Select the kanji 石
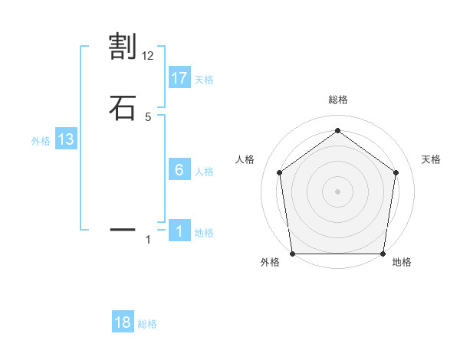tap(123, 107)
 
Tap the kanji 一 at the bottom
tap(123, 228)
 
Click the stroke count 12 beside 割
tap(148, 56)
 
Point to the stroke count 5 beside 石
tap(148, 116)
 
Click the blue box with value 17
tap(179, 77)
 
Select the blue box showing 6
tap(179, 169)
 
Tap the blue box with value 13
tap(66, 139)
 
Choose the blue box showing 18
tap(123, 322)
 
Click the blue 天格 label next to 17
tap(204, 80)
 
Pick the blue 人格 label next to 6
tap(204, 172)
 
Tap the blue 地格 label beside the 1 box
tap(204, 233)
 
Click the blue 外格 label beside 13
tap(41, 141)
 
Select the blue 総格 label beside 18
tap(147, 324)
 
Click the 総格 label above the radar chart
tap(337, 100)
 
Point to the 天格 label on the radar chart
tap(431, 159)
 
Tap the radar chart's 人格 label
tap(245, 159)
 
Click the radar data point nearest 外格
tap(292, 254)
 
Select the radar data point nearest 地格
tap(383, 254)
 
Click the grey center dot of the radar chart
tap(337, 191)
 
